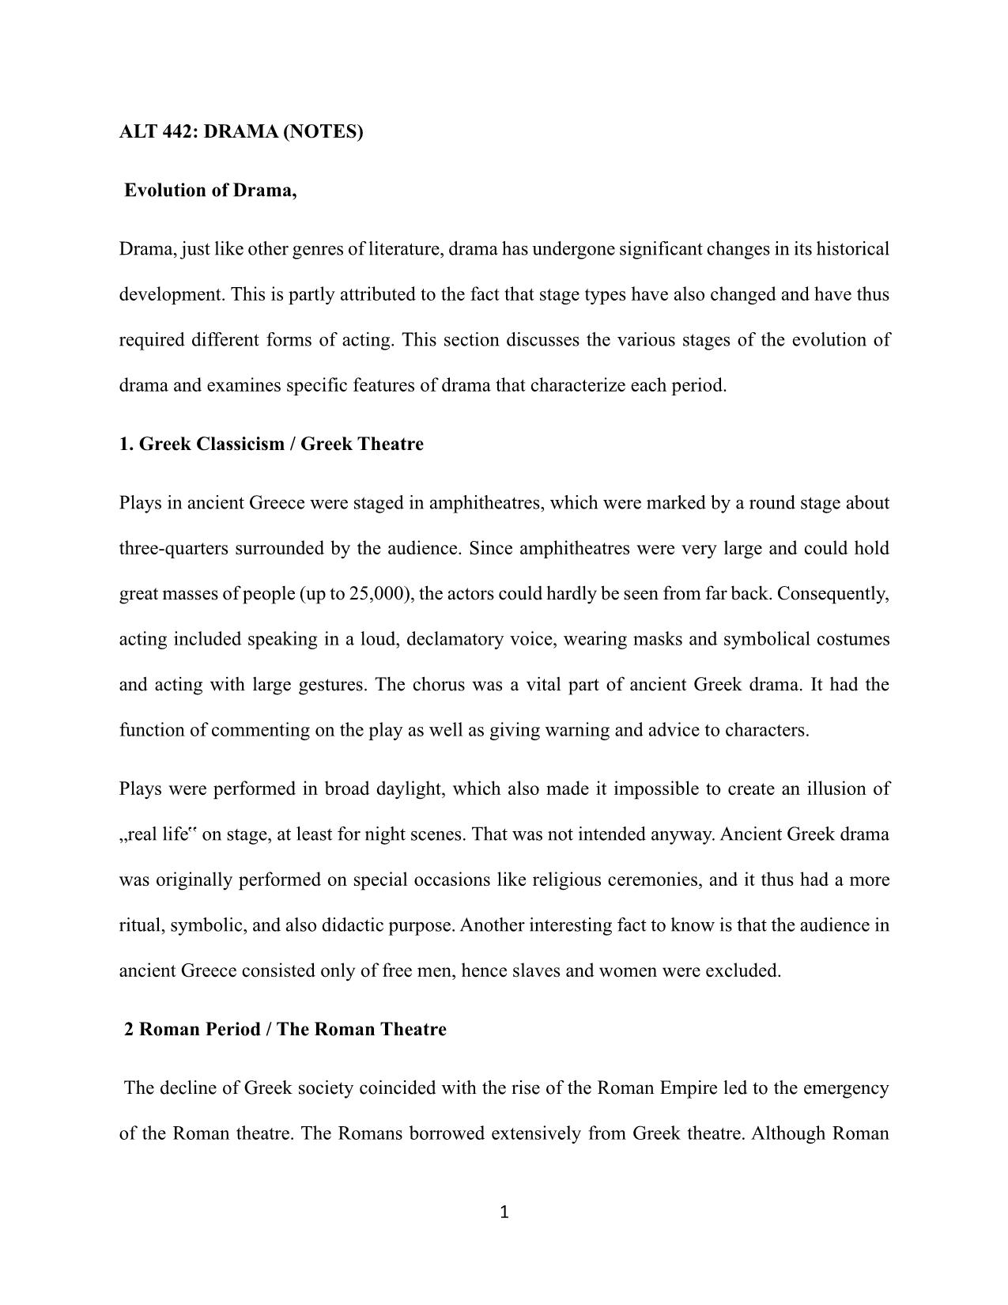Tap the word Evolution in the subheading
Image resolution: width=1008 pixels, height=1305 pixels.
click(x=163, y=191)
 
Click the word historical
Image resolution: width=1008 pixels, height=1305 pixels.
click(x=852, y=249)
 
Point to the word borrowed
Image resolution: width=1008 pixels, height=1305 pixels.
click(x=377, y=1133)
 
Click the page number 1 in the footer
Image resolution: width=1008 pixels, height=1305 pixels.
click(x=504, y=1212)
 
